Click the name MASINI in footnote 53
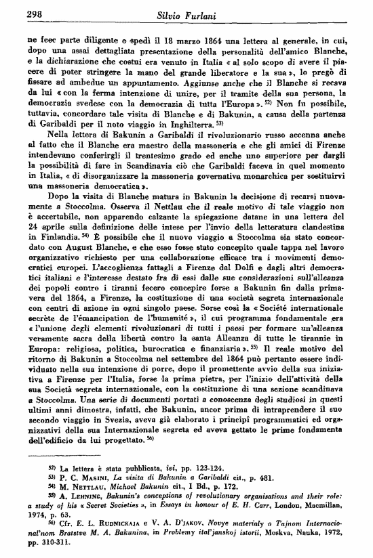tap(88, 478)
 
